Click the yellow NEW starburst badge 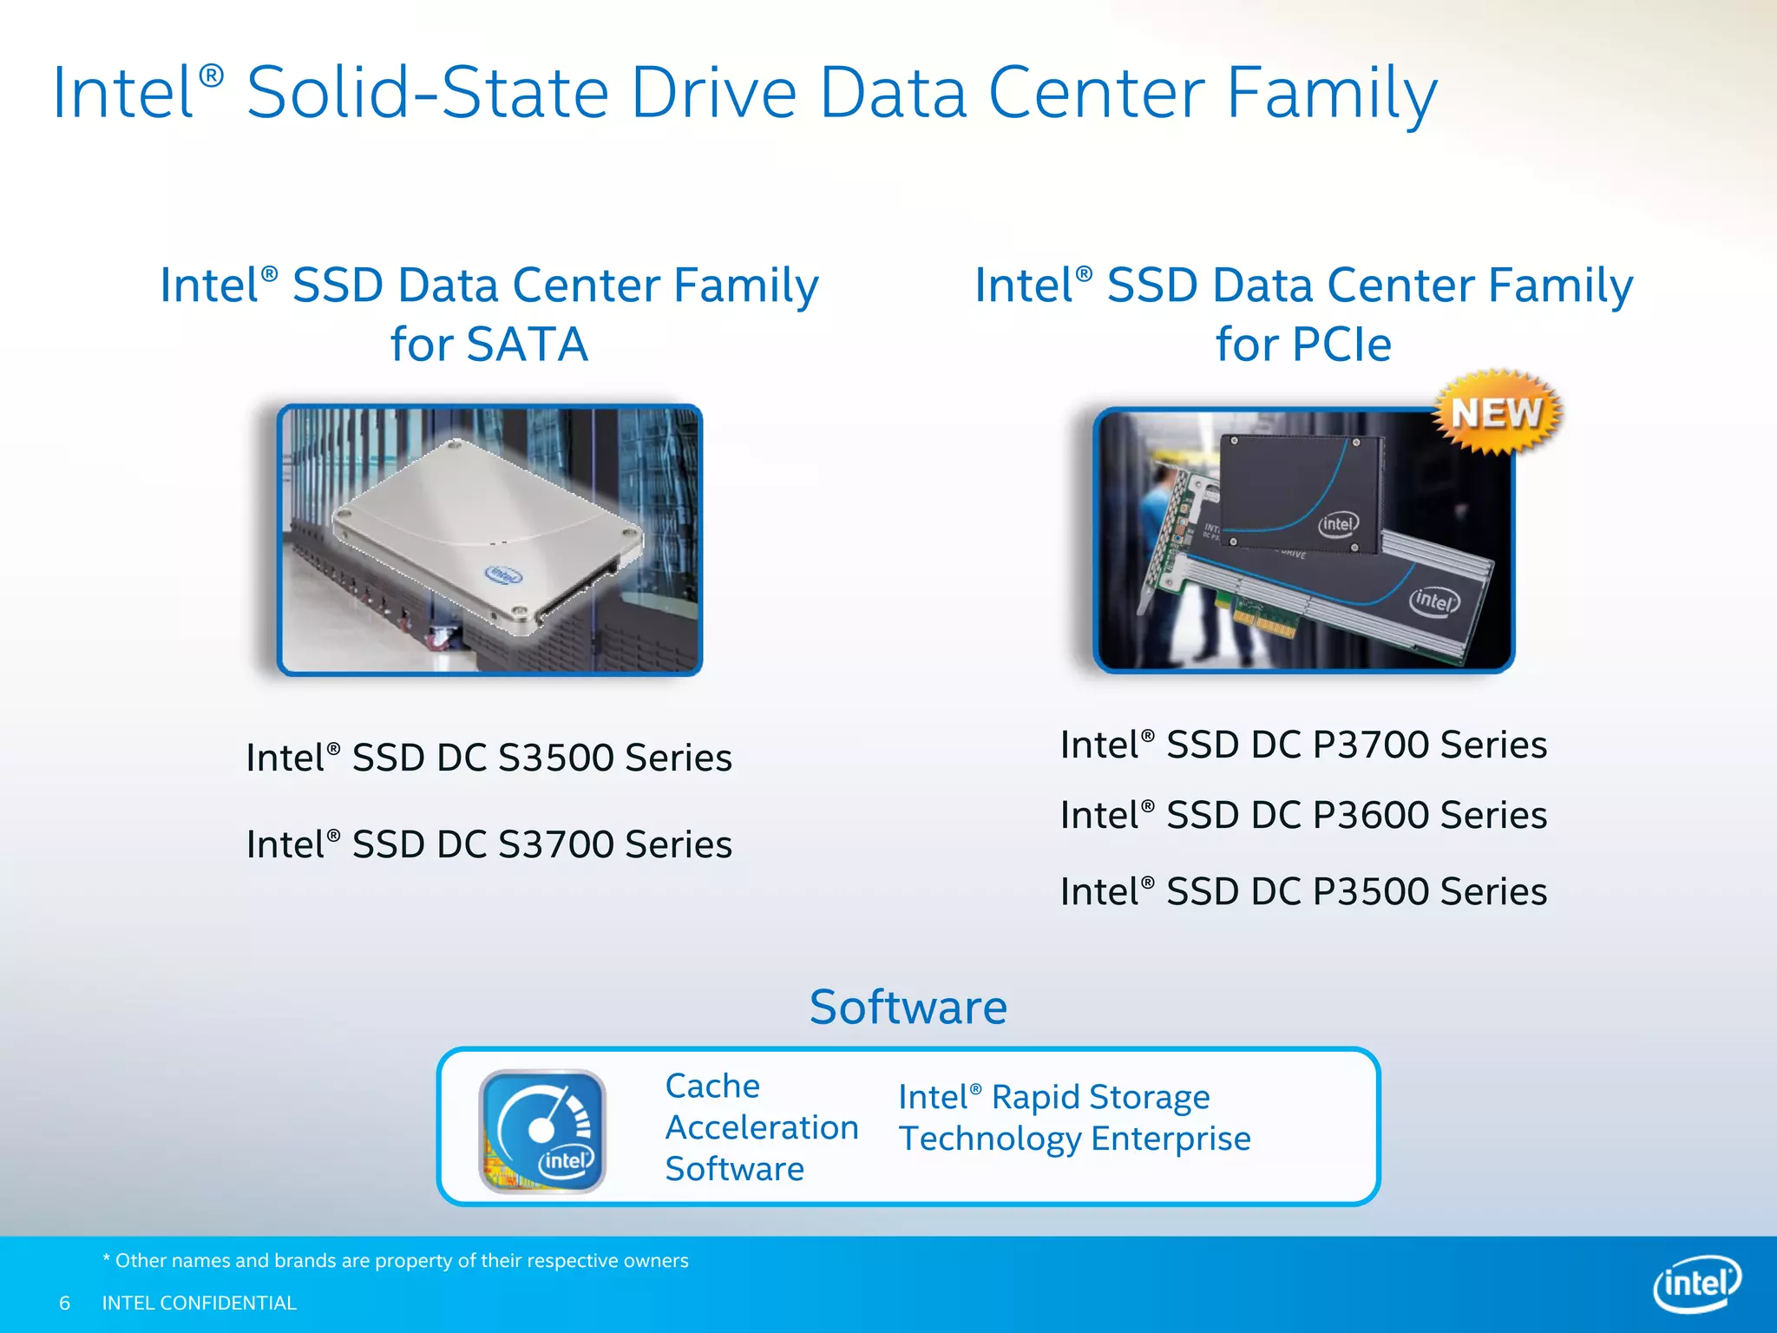click(x=1496, y=413)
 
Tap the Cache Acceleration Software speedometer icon click(x=542, y=1131)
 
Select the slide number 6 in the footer click(x=64, y=1303)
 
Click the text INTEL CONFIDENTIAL click(x=199, y=1303)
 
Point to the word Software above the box click(x=908, y=1007)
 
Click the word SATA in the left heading click(x=527, y=345)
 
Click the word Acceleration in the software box click(x=762, y=1127)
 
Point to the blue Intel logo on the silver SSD click(x=503, y=575)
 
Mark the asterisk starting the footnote click(x=107, y=1258)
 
